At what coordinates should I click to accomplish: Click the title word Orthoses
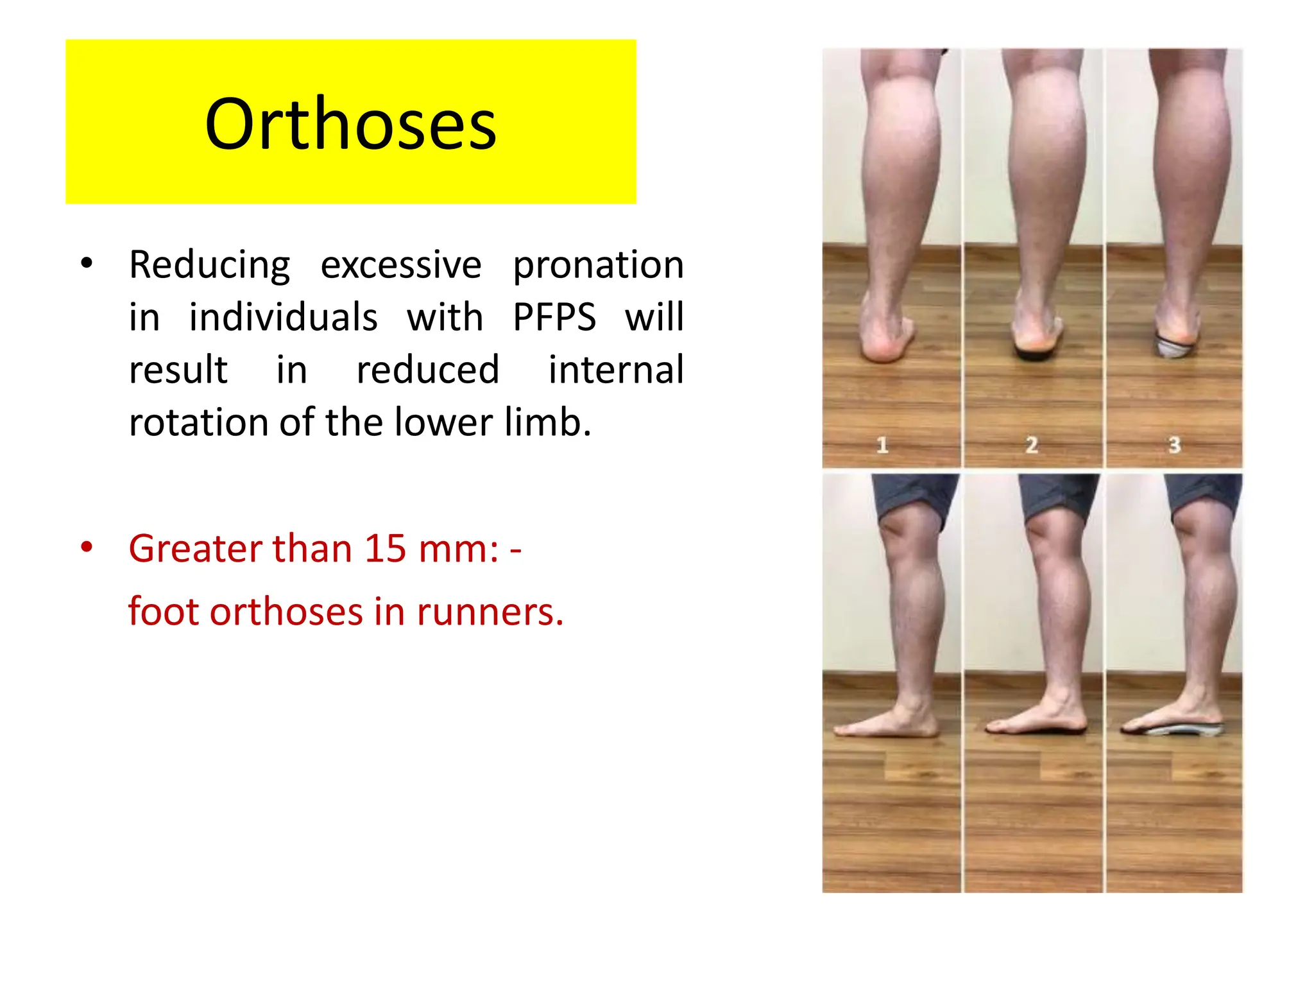(x=350, y=124)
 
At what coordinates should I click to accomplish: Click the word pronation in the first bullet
(x=598, y=265)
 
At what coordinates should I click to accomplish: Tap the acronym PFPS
(x=554, y=317)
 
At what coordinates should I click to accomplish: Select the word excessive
(x=401, y=264)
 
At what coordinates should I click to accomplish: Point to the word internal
(x=616, y=370)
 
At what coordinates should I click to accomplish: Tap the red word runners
(x=489, y=612)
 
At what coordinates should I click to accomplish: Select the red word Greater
(x=195, y=549)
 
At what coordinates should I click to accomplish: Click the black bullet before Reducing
(x=87, y=264)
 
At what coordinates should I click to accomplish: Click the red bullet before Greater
(x=87, y=548)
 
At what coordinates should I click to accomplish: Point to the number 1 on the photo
(x=882, y=445)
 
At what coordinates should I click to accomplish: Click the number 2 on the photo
(x=1032, y=445)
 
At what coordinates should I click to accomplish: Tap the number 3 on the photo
(x=1174, y=445)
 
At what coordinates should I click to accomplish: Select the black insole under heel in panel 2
(x=1034, y=354)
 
